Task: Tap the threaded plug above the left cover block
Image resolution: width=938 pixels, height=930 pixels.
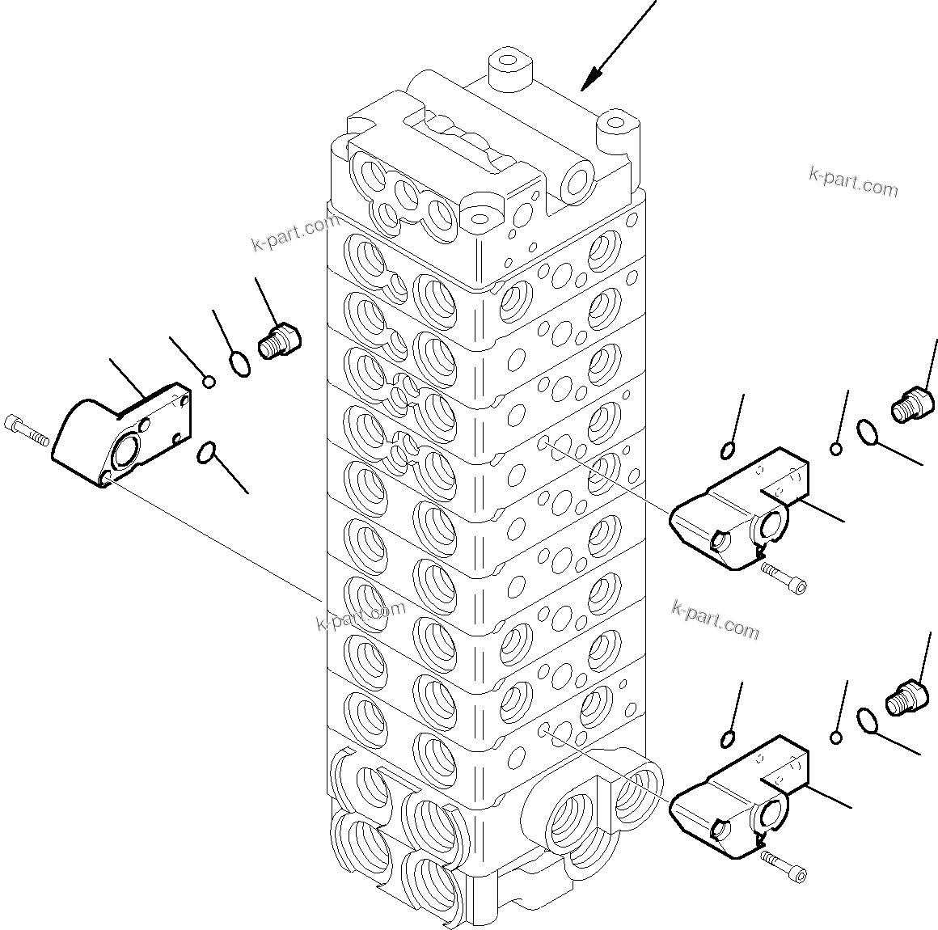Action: (x=279, y=340)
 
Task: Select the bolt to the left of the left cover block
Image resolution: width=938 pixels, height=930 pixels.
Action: (x=25, y=429)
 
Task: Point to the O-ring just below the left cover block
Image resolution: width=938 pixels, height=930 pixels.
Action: (x=206, y=454)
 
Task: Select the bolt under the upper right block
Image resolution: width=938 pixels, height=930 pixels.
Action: (x=784, y=580)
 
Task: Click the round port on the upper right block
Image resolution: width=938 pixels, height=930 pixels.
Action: (x=770, y=525)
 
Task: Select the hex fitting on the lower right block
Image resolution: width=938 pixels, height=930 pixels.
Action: (x=720, y=827)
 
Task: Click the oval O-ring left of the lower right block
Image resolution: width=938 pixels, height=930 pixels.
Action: (x=728, y=738)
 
